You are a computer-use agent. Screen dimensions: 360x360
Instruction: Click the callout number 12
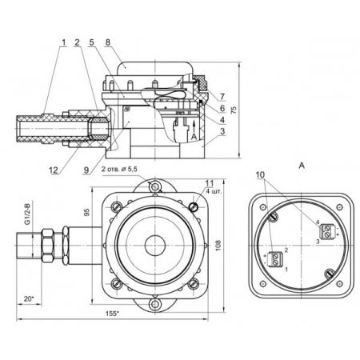pyautogui.click(x=54, y=170)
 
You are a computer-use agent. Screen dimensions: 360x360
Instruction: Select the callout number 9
pyautogui.click(x=86, y=170)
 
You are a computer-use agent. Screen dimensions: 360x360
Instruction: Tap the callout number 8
pyautogui.click(x=108, y=42)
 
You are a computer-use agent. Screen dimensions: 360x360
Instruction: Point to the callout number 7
pyautogui.click(x=222, y=97)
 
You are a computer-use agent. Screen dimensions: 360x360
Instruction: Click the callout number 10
pyautogui.click(x=260, y=174)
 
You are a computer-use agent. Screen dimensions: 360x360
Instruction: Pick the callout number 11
pyautogui.click(x=210, y=183)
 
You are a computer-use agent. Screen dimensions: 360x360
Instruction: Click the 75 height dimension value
pyautogui.click(x=234, y=110)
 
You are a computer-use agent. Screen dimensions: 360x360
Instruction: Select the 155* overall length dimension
pyautogui.click(x=112, y=314)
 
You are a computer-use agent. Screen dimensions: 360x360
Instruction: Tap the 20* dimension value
pyautogui.click(x=29, y=299)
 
